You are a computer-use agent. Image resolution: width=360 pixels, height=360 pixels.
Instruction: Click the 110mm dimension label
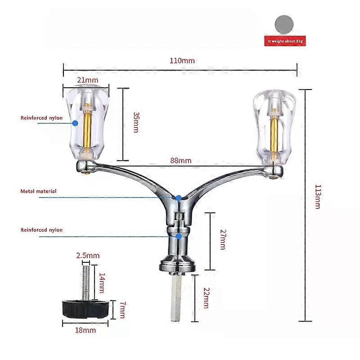point(182,61)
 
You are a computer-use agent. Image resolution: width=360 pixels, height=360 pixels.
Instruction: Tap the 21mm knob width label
point(87,80)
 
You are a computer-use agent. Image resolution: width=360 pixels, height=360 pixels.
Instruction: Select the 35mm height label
point(136,122)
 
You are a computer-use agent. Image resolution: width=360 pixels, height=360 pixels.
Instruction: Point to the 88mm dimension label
point(181,161)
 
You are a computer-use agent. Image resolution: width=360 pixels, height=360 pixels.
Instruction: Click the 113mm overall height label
point(318,197)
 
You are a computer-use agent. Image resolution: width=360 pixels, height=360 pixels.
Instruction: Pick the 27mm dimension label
point(223,239)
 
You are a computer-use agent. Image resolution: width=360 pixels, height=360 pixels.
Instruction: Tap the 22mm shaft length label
point(206,298)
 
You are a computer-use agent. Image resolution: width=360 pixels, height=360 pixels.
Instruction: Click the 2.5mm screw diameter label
point(88,256)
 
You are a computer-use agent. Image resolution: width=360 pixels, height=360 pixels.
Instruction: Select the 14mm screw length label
point(102,283)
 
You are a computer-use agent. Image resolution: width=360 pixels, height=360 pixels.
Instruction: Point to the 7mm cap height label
point(123,310)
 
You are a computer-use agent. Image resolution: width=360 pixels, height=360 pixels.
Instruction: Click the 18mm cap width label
point(85,330)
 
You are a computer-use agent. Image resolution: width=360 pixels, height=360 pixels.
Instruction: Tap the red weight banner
point(285,41)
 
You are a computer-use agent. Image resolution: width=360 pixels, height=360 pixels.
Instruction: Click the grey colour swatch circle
point(284,25)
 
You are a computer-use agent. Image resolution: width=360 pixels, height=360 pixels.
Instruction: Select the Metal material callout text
point(38,191)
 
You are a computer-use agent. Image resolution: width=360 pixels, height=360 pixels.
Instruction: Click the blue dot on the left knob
point(75,123)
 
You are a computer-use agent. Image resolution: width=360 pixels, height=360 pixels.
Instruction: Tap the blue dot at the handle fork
point(178,198)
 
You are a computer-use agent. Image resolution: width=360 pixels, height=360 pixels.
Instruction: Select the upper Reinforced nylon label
point(41,118)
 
